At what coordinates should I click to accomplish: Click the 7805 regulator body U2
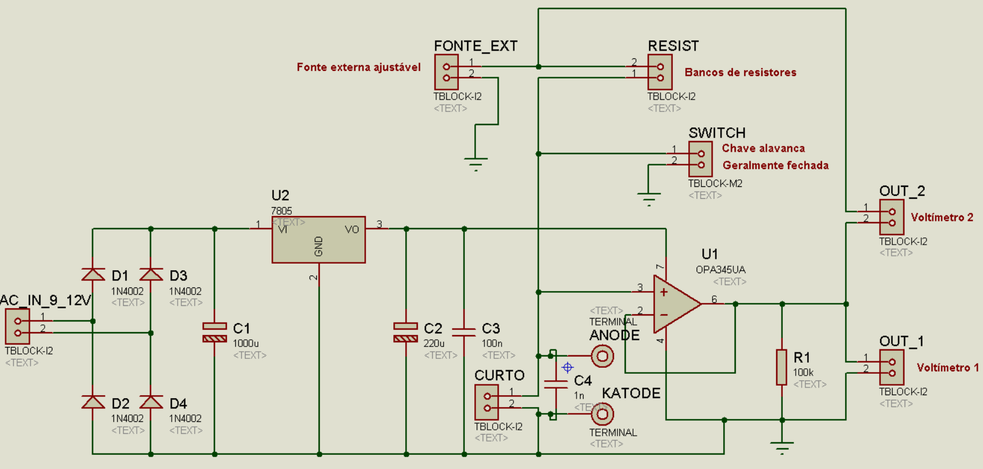tap(319, 239)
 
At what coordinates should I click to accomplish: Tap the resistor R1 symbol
tap(782, 367)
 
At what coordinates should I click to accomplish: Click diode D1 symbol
tap(93, 274)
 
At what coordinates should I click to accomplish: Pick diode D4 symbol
tap(151, 402)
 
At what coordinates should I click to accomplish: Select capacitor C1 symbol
tap(215, 332)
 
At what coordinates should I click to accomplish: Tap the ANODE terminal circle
tap(602, 356)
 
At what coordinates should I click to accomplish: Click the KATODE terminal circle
tap(602, 414)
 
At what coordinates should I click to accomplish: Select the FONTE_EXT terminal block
tap(446, 72)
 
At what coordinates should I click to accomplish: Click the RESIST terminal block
tap(660, 72)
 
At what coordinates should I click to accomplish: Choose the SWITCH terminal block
tap(701, 159)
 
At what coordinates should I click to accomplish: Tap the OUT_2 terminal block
tap(891, 217)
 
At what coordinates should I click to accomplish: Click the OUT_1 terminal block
tap(891, 367)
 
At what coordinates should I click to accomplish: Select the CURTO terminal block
tap(487, 402)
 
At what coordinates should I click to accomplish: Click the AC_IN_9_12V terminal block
tap(17, 327)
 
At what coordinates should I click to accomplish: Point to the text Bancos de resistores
tap(740, 72)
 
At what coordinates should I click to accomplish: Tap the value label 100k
tap(803, 372)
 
